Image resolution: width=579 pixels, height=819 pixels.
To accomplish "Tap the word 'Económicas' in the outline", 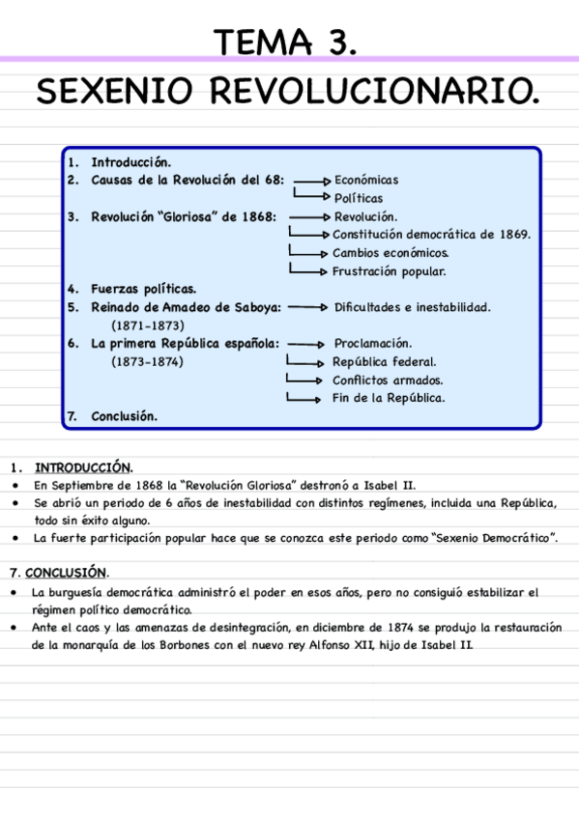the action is point(366,180).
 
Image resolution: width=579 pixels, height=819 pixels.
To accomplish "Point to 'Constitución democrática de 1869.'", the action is point(431,235).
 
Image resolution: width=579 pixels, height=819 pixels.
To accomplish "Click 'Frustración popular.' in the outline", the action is point(389,271).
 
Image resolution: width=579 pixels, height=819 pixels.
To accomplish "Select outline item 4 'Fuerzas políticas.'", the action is point(143,289).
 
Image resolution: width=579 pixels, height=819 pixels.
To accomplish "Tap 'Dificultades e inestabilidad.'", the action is point(412,307).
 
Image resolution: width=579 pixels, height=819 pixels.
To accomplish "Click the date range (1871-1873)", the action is point(148,325).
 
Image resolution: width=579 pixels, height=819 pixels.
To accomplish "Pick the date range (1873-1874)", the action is point(148,362).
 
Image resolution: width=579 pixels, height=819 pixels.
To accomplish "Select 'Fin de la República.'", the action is point(389,397).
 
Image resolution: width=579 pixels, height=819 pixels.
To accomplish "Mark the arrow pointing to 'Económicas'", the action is point(312,181).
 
